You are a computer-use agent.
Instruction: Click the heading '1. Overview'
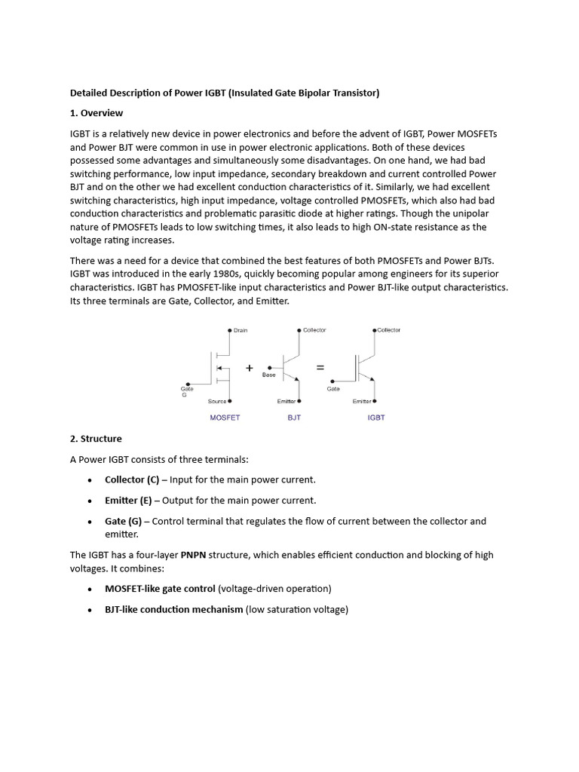click(96, 113)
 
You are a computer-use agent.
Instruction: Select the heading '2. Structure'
click(96, 438)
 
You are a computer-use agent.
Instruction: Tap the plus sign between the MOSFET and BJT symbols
click(249, 367)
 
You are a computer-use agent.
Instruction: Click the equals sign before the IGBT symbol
click(320, 367)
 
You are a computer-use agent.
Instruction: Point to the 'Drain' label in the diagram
click(240, 330)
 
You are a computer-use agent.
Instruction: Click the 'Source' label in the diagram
click(217, 401)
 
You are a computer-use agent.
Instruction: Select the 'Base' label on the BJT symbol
click(269, 375)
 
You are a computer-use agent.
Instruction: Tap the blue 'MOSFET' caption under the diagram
click(225, 418)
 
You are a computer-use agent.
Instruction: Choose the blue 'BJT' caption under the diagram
click(294, 418)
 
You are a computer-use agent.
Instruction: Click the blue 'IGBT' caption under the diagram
click(376, 418)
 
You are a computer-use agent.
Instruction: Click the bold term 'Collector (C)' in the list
click(132, 479)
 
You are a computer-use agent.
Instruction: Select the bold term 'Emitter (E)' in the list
click(127, 501)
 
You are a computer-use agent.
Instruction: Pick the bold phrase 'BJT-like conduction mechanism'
click(173, 609)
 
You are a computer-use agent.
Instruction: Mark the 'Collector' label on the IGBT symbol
click(389, 329)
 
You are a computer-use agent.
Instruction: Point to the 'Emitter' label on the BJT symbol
click(286, 401)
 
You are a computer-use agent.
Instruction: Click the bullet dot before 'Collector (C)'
click(90, 480)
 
